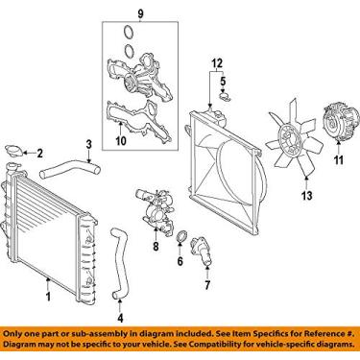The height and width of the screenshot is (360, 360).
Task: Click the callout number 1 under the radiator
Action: tap(46, 284)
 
